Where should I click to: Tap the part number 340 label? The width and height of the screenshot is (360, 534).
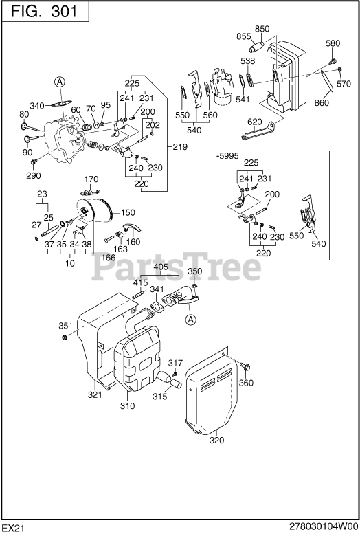pyautogui.click(x=38, y=105)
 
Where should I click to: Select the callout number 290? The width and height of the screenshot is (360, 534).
pyautogui.click(x=34, y=176)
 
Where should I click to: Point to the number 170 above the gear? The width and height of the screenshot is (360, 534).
pyautogui.click(x=91, y=180)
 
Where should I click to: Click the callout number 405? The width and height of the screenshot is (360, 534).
pyautogui.click(x=160, y=267)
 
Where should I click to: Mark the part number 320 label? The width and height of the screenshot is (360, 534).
pyautogui.click(x=216, y=441)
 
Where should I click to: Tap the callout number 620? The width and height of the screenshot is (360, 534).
pyautogui.click(x=255, y=122)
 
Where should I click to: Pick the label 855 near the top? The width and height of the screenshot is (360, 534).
pyautogui.click(x=244, y=36)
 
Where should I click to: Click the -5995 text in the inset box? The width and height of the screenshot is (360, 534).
pyautogui.click(x=227, y=156)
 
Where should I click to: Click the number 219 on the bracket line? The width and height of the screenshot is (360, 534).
pyautogui.click(x=180, y=147)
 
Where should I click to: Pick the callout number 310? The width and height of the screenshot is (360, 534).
pyautogui.click(x=128, y=407)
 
